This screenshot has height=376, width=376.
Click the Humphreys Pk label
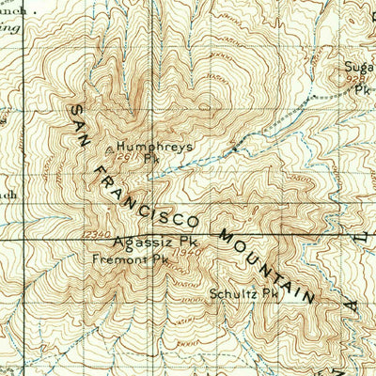pos(143,147)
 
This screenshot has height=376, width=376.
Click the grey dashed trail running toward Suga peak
pos(282,122)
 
